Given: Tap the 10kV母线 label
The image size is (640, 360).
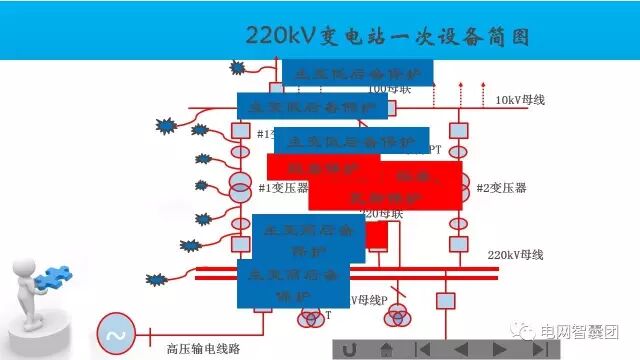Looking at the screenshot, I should [x=520, y=99].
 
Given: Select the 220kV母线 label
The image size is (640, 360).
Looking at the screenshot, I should [x=515, y=255].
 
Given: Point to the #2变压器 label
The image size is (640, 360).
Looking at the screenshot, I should [x=501, y=188].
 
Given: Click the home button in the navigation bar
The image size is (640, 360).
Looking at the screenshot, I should [x=386, y=349].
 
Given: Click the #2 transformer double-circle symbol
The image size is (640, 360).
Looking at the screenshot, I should [x=457, y=186].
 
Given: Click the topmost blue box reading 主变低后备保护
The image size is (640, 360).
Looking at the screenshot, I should [x=357, y=72].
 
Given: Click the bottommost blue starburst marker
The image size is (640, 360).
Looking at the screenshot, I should [x=156, y=278].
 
